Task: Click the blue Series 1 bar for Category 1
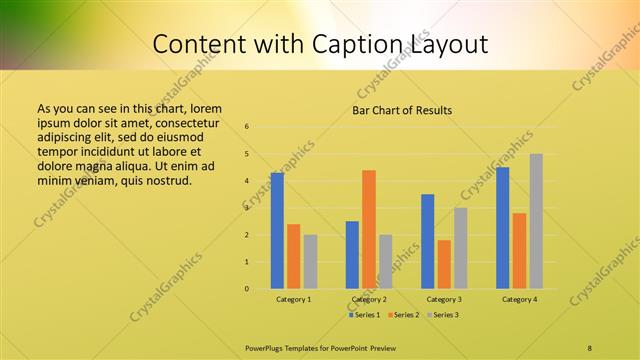pyautogui.click(x=277, y=231)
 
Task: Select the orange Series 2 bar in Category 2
pyautogui.click(x=369, y=229)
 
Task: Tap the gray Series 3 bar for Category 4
pyautogui.click(x=536, y=221)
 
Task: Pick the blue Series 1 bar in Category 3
pyautogui.click(x=428, y=241)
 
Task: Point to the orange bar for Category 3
pyautogui.click(x=444, y=264)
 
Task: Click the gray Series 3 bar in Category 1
pyautogui.click(x=310, y=262)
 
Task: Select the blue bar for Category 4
pyautogui.click(x=502, y=228)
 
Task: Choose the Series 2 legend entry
pyautogui.click(x=403, y=315)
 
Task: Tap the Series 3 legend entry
pyautogui.click(x=443, y=315)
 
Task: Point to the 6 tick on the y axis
pyautogui.click(x=247, y=127)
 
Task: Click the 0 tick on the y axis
pyautogui.click(x=247, y=289)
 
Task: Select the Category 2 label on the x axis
pyautogui.click(x=369, y=299)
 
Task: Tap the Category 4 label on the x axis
pyautogui.click(x=519, y=299)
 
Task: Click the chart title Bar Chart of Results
pyautogui.click(x=402, y=110)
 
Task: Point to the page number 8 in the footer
pyautogui.click(x=590, y=347)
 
